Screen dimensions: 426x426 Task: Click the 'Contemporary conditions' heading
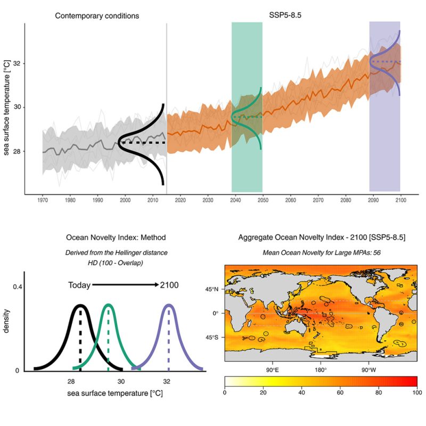click(97, 16)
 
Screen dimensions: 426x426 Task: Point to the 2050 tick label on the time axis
click(263, 200)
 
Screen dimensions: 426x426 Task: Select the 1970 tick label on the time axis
click(42, 200)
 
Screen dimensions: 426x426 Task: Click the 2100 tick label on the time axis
click(400, 200)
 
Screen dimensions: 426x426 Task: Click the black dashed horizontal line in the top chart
click(142, 143)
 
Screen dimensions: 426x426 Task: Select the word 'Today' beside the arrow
click(79, 285)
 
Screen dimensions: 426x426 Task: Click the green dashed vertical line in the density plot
click(109, 341)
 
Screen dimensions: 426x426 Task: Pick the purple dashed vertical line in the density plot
click(169, 341)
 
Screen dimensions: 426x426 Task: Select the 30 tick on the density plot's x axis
click(121, 381)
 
